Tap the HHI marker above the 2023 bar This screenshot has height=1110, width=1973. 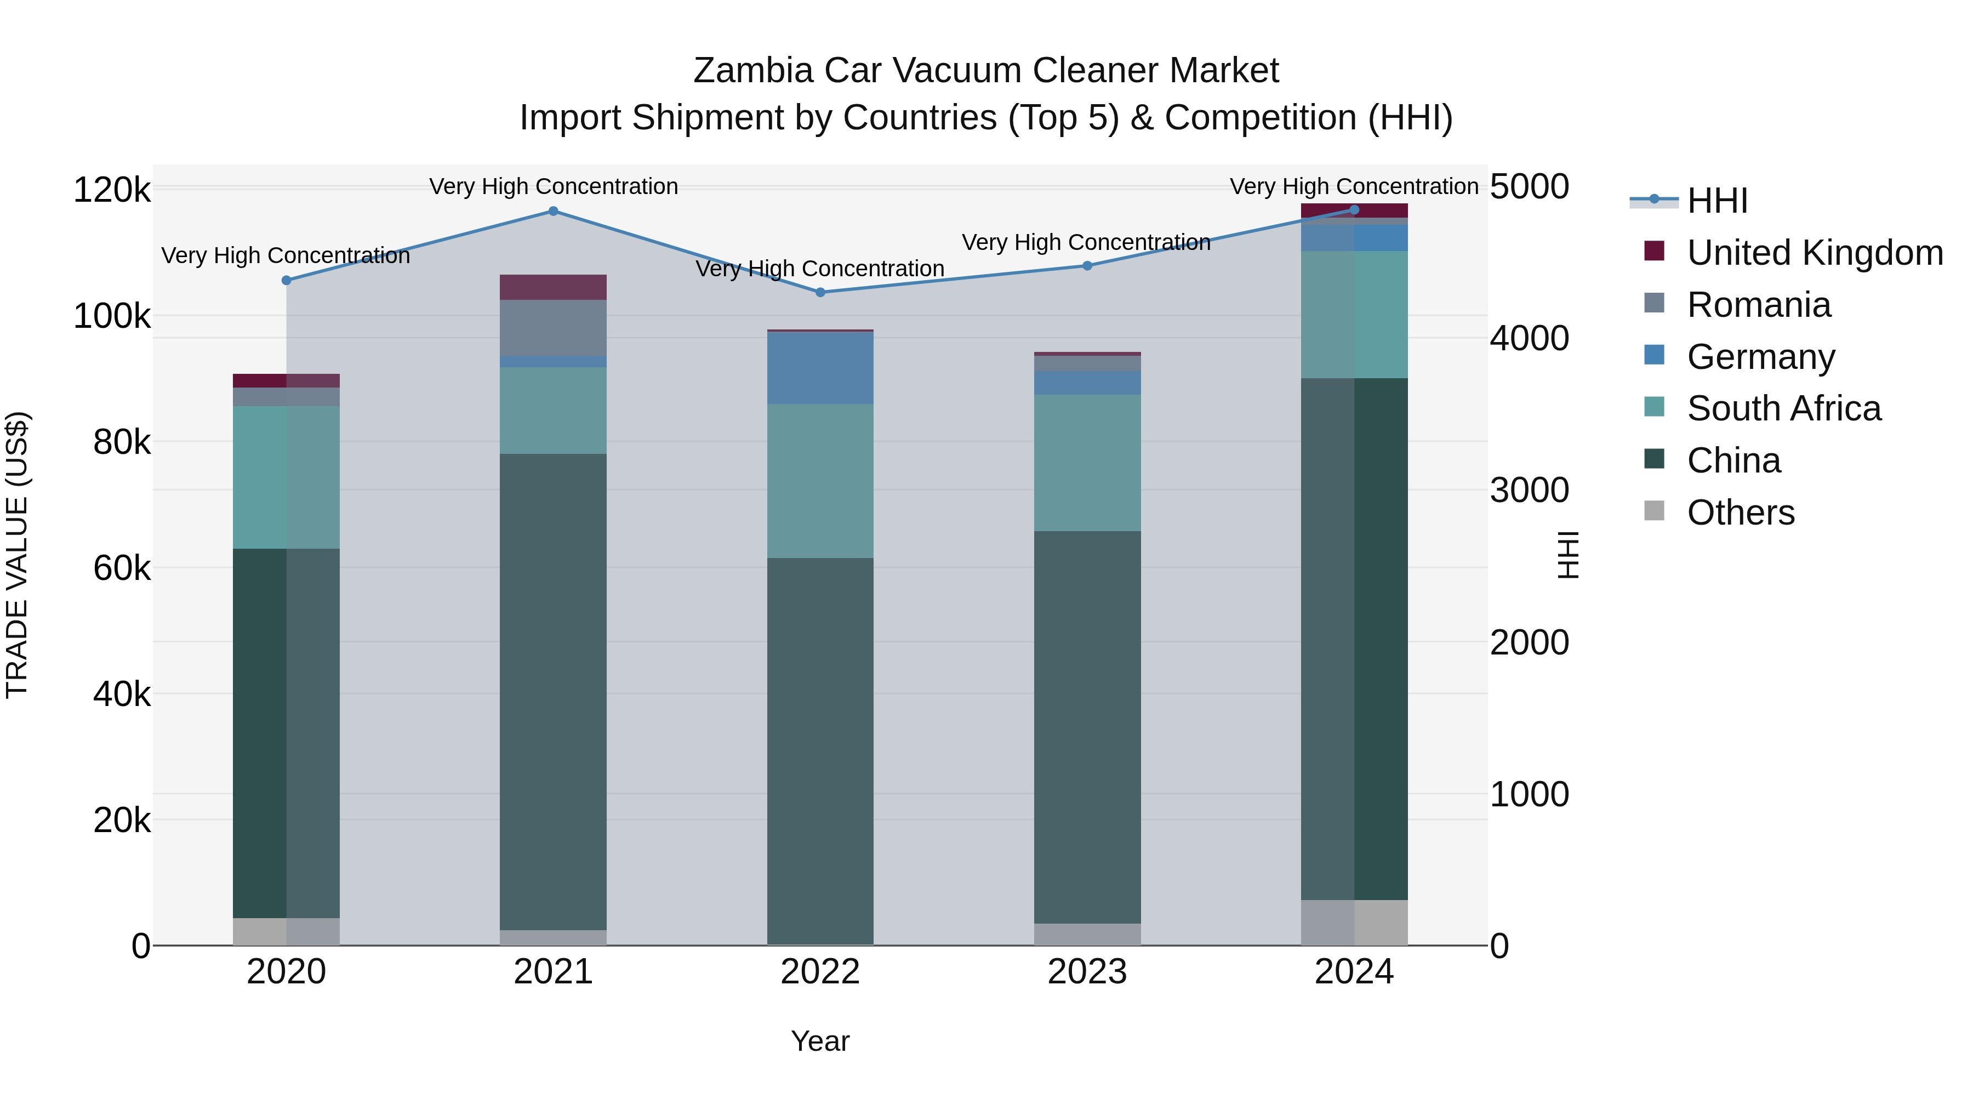click(x=1087, y=266)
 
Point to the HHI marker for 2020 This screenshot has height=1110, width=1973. click(x=287, y=280)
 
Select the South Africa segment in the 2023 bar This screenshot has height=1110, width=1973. click(x=1087, y=463)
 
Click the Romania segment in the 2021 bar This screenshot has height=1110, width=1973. click(x=553, y=327)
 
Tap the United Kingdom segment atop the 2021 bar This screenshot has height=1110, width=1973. click(x=553, y=287)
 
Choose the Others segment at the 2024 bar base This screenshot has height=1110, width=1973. click(x=1354, y=923)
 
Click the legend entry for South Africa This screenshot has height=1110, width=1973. click(x=1783, y=408)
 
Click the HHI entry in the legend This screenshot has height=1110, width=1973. click(x=1717, y=201)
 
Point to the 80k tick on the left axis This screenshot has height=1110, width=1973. click(x=122, y=442)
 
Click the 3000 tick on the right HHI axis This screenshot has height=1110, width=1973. click(x=1529, y=490)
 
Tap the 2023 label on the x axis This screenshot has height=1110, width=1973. click(x=1087, y=972)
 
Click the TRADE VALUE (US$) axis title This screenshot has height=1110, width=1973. click(x=17, y=555)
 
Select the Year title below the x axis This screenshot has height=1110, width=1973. click(x=819, y=1041)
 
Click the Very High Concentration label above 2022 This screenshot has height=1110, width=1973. click(x=819, y=269)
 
